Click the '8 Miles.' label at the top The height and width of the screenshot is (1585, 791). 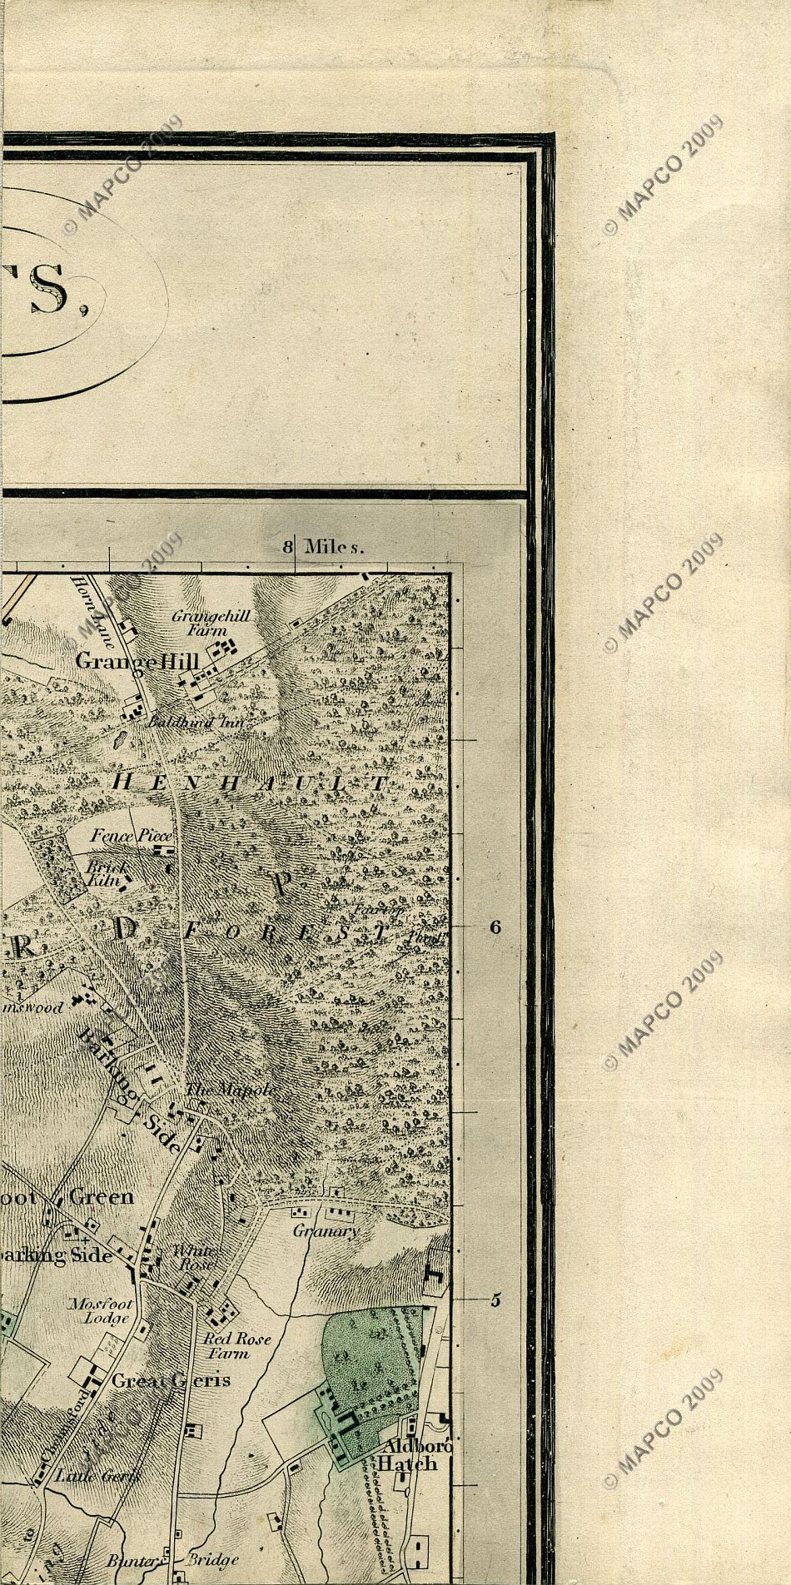[325, 547]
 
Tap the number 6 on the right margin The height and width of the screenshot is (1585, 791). [495, 927]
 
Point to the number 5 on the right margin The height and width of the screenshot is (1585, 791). [495, 1300]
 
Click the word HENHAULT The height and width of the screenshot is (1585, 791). [250, 783]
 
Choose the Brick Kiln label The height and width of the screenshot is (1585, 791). [105, 872]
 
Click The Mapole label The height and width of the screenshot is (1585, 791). [229, 1090]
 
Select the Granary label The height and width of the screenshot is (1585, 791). [326, 1230]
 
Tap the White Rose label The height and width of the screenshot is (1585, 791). [194, 1257]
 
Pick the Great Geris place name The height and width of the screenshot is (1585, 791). [171, 1379]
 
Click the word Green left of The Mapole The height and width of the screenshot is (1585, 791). [101, 1197]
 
